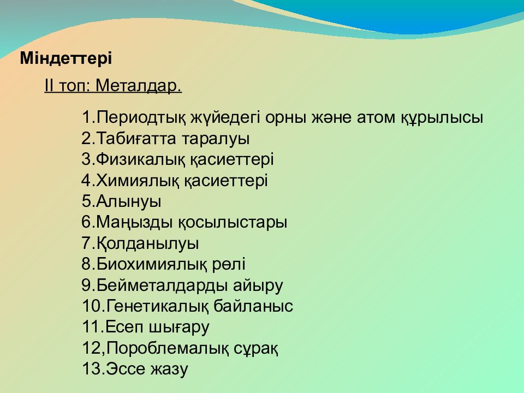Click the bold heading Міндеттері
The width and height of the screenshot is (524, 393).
tap(66, 59)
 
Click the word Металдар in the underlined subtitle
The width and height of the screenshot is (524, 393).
tap(139, 86)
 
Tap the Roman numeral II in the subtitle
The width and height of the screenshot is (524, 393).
tap(49, 86)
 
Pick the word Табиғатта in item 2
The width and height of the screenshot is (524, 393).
tap(136, 139)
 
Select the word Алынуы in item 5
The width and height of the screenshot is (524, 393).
tap(129, 201)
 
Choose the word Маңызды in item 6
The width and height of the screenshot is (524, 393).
tap(135, 223)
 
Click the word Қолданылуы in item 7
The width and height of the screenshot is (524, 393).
tap(148, 243)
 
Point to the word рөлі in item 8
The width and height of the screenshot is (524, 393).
tap(229, 264)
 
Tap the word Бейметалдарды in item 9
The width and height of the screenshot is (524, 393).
tap(162, 285)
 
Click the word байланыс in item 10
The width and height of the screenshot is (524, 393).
tap(253, 306)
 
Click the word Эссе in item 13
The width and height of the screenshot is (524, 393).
tap(126, 369)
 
